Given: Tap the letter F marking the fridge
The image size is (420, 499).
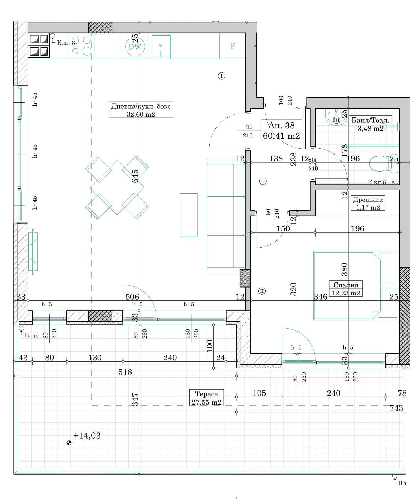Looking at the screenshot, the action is [x=233, y=46].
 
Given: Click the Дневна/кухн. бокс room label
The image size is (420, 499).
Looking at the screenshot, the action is [x=141, y=106].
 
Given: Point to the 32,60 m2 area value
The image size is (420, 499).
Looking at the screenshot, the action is [x=141, y=114].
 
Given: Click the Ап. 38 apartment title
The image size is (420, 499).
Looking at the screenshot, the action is [x=281, y=125].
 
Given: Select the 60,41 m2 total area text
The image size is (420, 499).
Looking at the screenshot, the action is [x=281, y=135].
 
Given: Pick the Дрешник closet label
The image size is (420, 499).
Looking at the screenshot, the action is [x=368, y=199].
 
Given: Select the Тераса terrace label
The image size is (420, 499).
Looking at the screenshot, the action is [x=206, y=394].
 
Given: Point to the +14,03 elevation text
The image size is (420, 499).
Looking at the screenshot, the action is [x=87, y=435].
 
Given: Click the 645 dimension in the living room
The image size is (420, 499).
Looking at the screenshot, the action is [x=135, y=176].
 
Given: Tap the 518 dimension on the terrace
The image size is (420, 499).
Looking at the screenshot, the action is [x=125, y=372].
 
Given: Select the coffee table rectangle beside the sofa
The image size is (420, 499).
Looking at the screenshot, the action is [x=189, y=215].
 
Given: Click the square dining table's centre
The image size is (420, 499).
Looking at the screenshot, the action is [x=117, y=188].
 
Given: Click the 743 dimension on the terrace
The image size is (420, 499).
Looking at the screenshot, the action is [x=397, y=408].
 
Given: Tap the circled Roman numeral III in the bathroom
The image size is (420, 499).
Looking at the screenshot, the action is [x=337, y=120].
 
